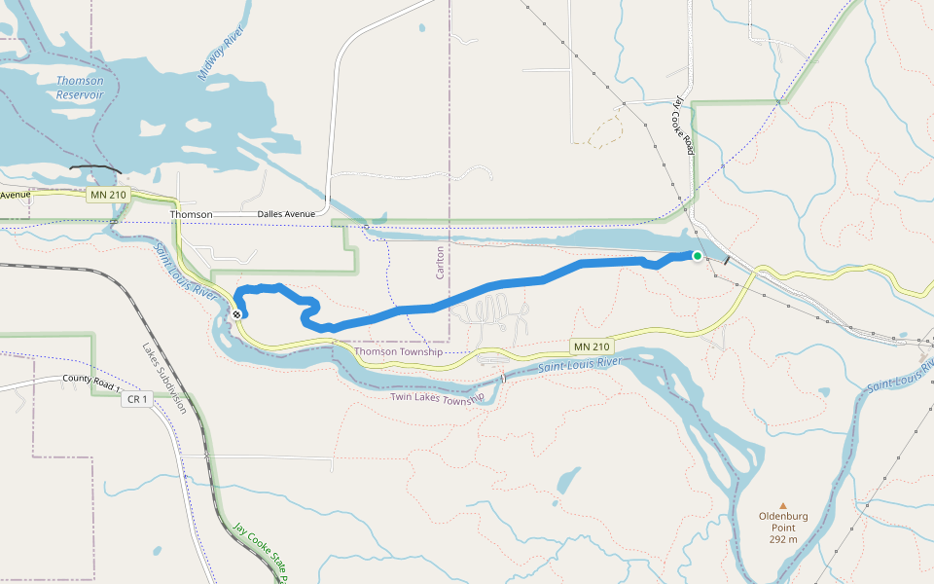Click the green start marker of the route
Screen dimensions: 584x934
pos(697,256)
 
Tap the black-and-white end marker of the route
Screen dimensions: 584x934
pos(236,313)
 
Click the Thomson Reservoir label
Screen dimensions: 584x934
pos(80,88)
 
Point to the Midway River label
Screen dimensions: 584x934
pos(220,59)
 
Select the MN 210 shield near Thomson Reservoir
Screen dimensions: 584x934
pos(107,196)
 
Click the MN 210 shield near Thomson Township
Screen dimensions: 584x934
pos(591,347)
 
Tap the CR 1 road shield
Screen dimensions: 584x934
pos(135,399)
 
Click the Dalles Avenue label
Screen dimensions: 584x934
pos(286,214)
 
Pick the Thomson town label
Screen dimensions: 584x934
pos(191,214)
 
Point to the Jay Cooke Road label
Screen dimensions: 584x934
pos(684,126)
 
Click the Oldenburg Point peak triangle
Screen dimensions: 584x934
pos(782,505)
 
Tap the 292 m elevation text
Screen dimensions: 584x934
pos(782,539)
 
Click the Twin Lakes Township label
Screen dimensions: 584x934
pos(437,397)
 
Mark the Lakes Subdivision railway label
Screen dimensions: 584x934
pos(162,378)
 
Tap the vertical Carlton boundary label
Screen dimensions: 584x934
pos(440,262)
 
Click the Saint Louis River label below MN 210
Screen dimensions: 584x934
pos(579,365)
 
